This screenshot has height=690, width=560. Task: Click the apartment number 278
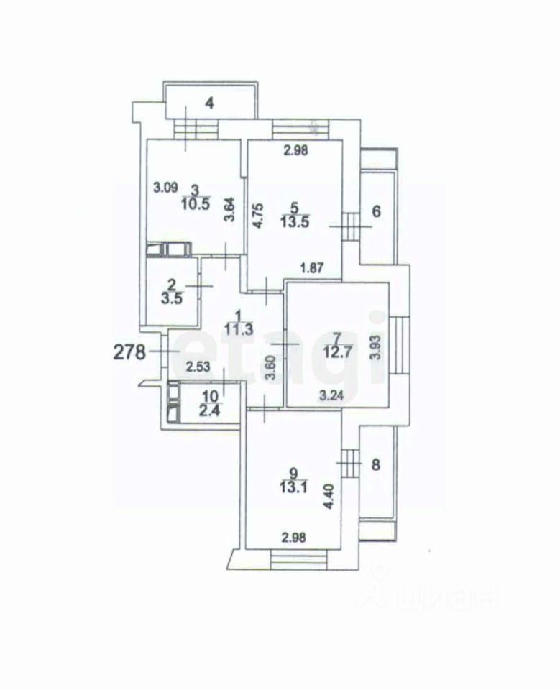(x=130, y=352)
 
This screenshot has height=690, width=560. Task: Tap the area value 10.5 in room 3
(x=195, y=203)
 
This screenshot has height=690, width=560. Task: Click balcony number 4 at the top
(x=209, y=103)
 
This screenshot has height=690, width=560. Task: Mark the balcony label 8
(x=375, y=464)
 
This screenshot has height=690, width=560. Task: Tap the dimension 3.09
(x=166, y=188)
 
